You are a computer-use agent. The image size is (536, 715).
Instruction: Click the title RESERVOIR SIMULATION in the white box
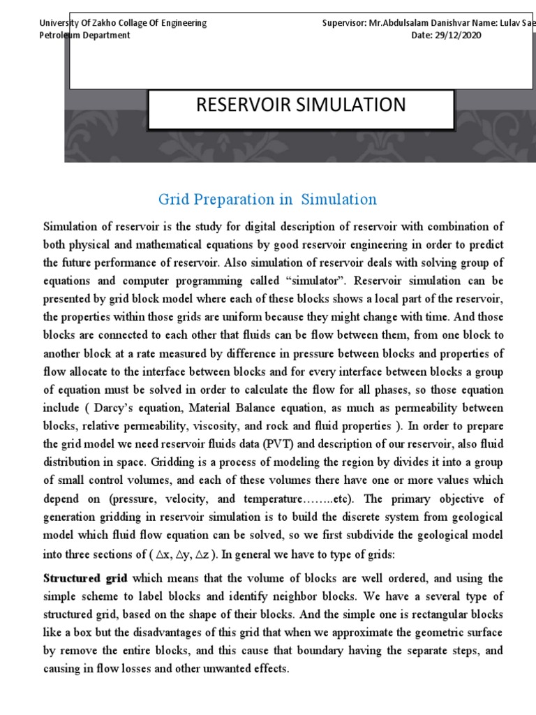pos(301,105)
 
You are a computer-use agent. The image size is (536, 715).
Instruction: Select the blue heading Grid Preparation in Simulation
pos(267,200)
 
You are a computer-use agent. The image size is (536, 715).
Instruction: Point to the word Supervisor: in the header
pos(345,23)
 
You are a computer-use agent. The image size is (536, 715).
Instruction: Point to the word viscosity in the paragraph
pos(230,426)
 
